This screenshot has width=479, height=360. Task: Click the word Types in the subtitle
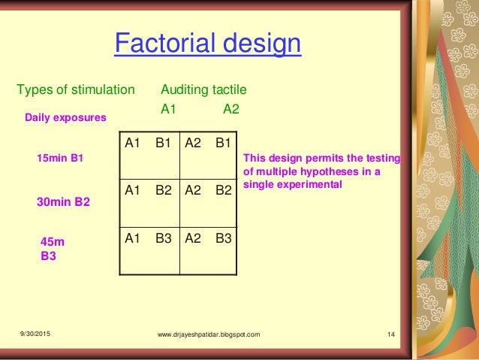[x=34, y=90]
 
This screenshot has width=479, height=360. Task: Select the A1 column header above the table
[x=169, y=108]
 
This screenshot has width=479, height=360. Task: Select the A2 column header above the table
[x=231, y=108]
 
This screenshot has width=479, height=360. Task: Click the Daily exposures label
[x=65, y=118]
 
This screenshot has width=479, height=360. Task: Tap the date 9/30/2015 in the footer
[x=37, y=334]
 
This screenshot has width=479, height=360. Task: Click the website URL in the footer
[x=209, y=334]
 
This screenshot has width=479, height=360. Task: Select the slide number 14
[x=391, y=334]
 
